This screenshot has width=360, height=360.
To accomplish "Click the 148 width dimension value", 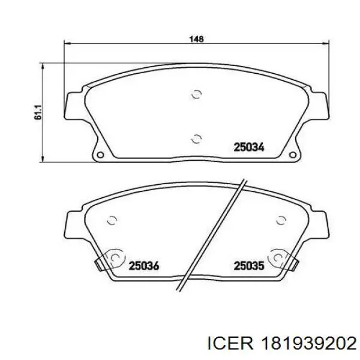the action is (196, 39).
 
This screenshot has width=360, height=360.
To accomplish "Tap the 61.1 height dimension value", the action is (38, 112).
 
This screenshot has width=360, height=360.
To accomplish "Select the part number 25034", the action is (249, 147).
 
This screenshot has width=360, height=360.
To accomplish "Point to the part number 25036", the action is (144, 266).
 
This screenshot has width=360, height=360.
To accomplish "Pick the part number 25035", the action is (249, 266).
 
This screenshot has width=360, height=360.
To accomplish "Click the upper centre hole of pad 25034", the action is (197, 94).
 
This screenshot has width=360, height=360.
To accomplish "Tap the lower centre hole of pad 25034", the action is (197, 139).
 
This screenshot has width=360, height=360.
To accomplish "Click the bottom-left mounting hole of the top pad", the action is (100, 155).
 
